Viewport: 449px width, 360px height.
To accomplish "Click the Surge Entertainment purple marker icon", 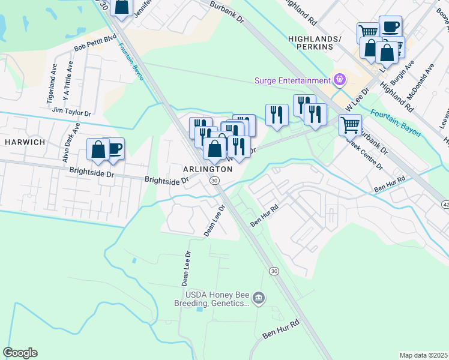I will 340,80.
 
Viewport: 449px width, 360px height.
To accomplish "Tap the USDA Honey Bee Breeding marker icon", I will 259,298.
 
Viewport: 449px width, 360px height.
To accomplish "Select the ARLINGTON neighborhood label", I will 203,170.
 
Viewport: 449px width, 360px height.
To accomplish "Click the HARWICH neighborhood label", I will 24,142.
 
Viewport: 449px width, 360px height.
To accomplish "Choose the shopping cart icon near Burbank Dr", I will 350,125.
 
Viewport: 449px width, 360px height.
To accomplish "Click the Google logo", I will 20,353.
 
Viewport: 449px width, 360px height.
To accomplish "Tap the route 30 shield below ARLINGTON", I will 214,180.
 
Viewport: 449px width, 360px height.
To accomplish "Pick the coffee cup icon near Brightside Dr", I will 113,148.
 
